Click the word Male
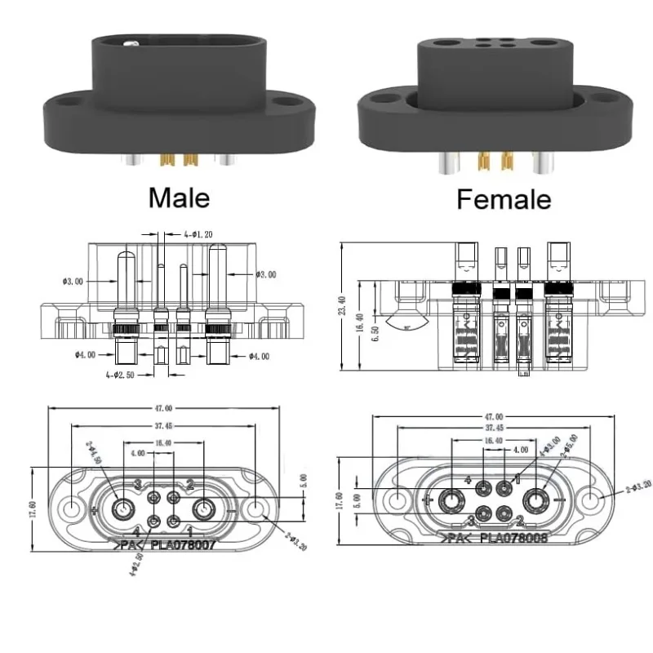tap(178, 198)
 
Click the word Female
tap(503, 198)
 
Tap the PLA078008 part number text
tap(513, 538)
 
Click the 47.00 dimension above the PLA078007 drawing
tap(163, 407)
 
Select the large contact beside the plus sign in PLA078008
tap(451, 498)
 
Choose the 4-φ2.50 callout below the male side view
tap(120, 374)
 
